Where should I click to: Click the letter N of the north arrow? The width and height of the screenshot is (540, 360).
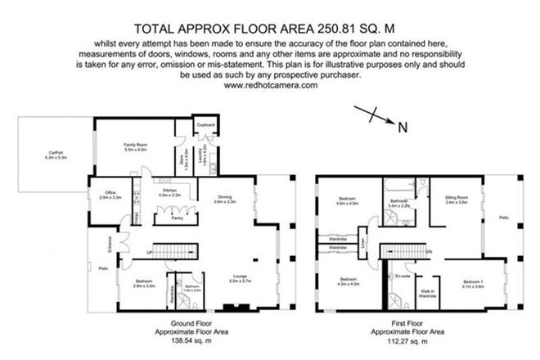click(401, 126)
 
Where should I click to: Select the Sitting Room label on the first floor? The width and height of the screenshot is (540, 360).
click(456, 200)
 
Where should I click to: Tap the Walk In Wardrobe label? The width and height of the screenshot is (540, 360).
click(426, 294)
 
